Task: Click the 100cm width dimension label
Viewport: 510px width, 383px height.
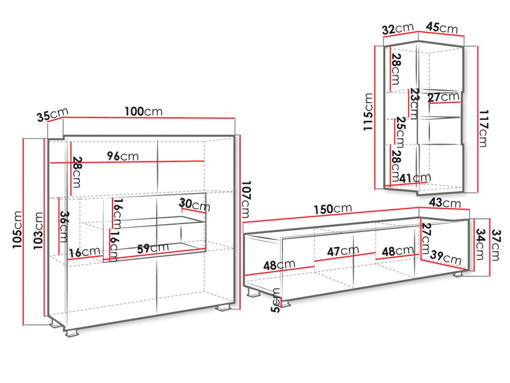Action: click(143, 111)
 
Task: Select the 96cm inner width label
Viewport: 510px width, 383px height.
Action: click(123, 156)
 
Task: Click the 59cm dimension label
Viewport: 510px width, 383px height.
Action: click(152, 248)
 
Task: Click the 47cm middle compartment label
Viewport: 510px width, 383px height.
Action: click(343, 251)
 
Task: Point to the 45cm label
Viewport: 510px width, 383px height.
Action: click(442, 28)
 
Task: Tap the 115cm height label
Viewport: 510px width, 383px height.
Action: click(369, 112)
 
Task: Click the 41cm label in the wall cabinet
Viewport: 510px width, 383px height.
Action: click(415, 178)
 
